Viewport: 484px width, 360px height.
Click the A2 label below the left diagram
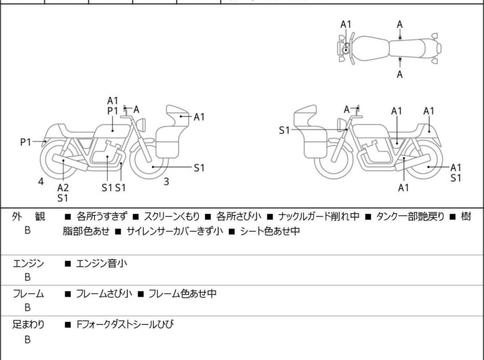[63, 187]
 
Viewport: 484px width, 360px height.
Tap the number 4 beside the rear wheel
[40, 182]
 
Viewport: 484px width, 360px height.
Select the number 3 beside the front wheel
[166, 182]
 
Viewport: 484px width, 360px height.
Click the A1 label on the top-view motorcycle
[346, 24]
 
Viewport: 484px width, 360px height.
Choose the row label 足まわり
[29, 325]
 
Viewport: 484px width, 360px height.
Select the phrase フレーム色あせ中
[183, 294]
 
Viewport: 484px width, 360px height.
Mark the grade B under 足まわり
[28, 339]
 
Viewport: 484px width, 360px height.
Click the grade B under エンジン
[28, 278]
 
